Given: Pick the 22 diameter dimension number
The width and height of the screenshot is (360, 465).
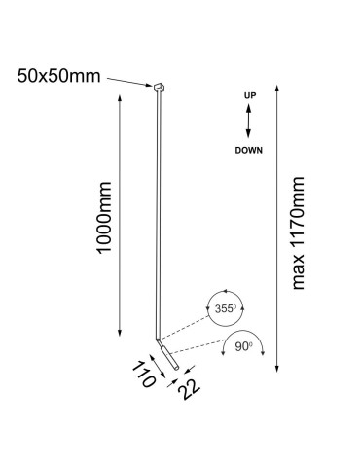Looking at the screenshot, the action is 191,389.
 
